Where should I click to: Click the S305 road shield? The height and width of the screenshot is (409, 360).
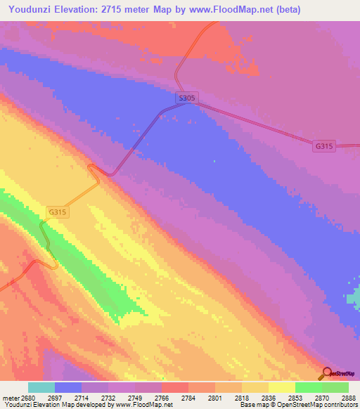186,99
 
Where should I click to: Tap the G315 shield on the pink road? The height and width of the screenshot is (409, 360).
324,145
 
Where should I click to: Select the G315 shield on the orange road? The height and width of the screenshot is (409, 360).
58,211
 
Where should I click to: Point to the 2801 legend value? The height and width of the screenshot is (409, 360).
215,397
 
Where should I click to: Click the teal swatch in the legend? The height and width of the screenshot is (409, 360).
41,387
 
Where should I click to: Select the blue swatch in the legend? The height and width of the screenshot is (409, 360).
68,387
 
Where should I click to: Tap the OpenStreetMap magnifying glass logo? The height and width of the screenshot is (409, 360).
327,373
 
